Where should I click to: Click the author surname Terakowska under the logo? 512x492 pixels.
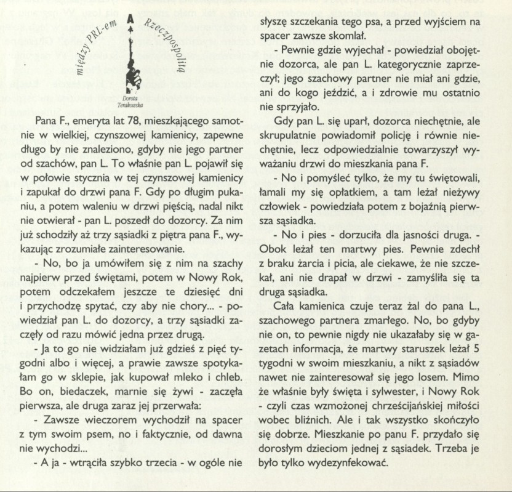point(130,104)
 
